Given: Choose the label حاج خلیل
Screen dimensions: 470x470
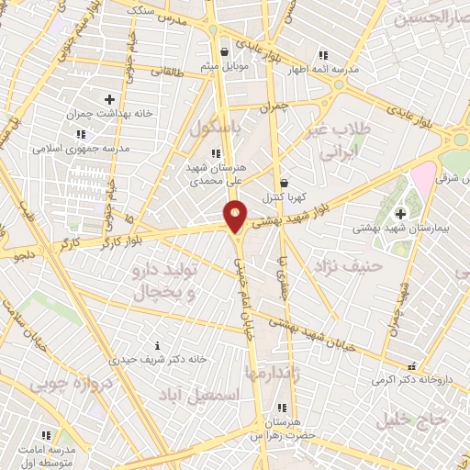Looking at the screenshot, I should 412,420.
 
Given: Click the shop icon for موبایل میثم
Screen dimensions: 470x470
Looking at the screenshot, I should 225,53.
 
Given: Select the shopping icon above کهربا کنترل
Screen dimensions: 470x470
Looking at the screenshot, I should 284,183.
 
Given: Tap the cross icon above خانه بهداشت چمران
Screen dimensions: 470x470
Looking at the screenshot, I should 109,99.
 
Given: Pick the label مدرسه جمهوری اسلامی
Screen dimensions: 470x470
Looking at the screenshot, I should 73,148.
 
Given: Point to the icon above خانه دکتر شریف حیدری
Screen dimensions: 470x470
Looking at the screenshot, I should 157,345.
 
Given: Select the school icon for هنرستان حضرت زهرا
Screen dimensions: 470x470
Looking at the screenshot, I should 282,408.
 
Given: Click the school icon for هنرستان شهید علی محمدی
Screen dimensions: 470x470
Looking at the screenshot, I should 214,153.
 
